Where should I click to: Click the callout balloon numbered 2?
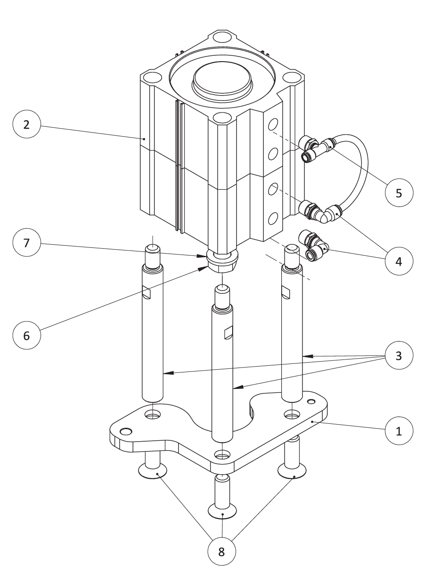(26, 125)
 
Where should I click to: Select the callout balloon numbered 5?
(399, 193)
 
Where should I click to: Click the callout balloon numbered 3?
(399, 355)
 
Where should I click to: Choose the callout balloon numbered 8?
(221, 551)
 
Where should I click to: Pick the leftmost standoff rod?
(153, 330)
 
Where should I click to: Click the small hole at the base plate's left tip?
(127, 431)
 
